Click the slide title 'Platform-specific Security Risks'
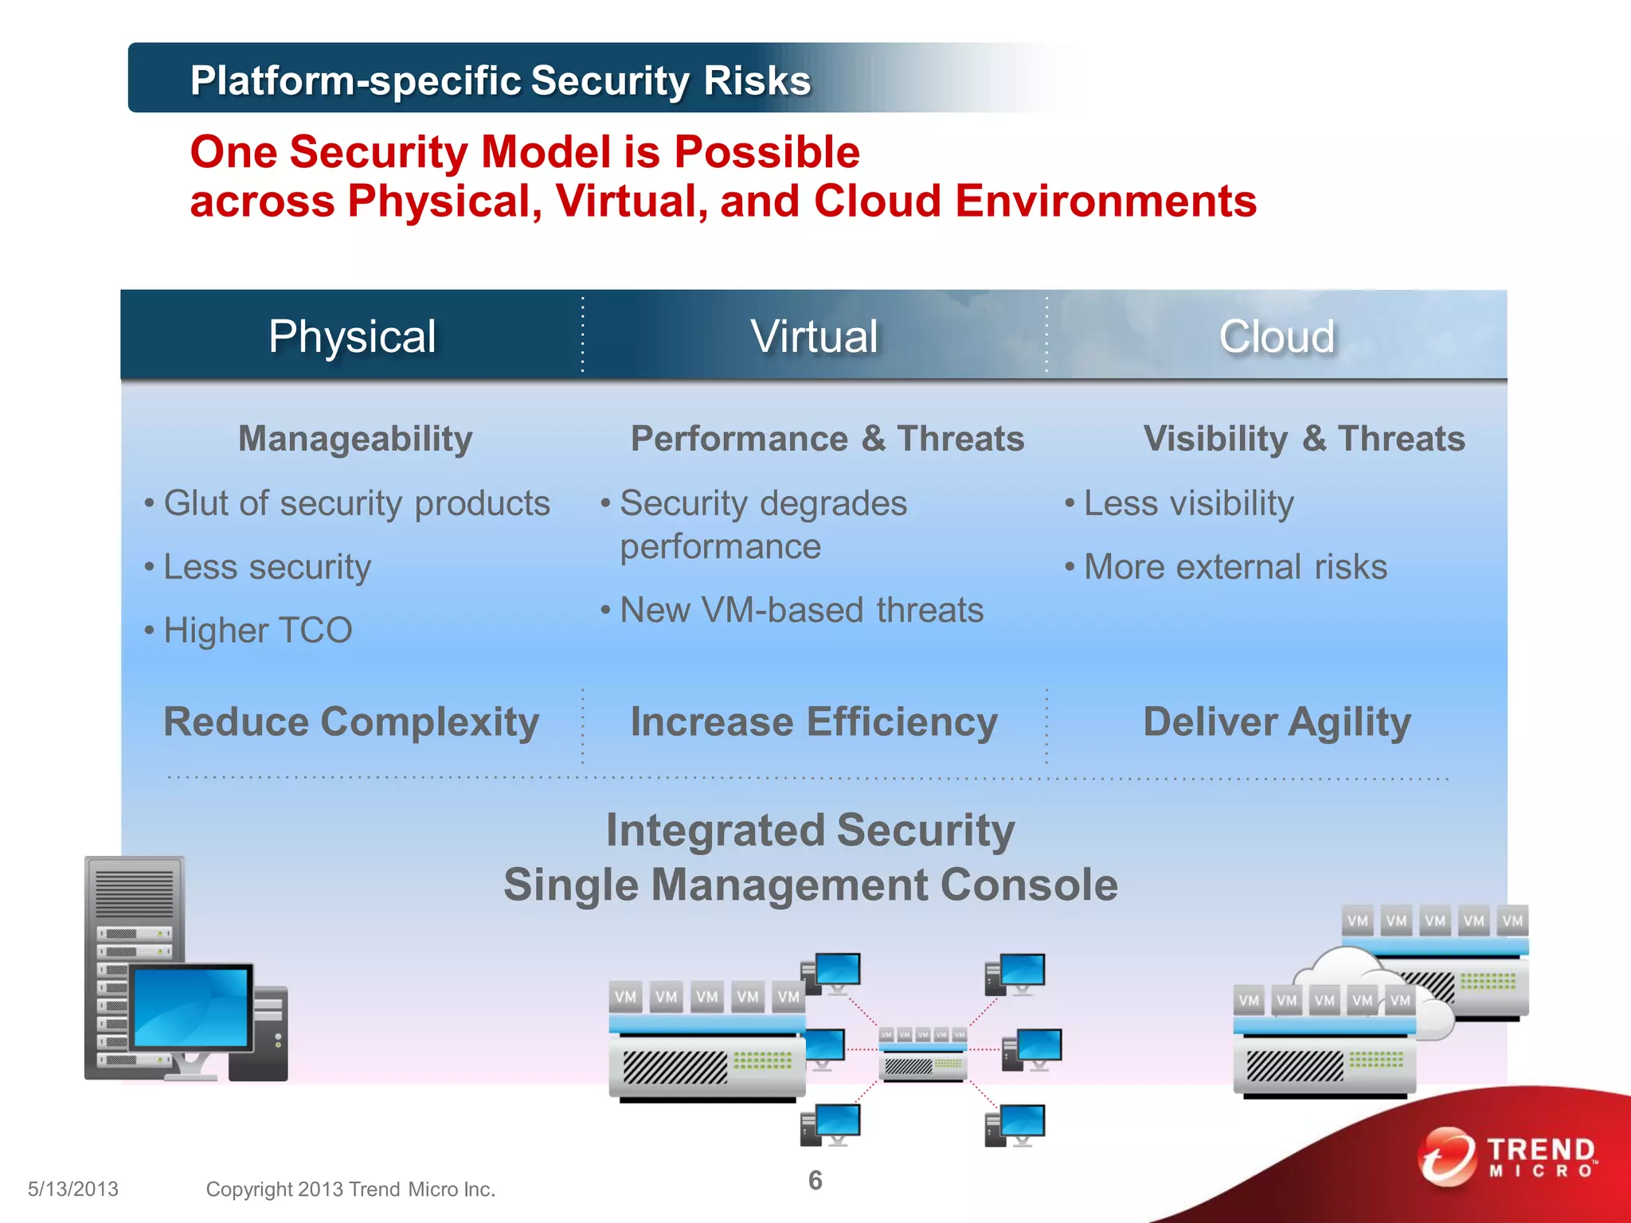click(500, 80)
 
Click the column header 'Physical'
click(352, 336)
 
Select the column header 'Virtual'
click(814, 336)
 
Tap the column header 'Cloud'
click(1277, 336)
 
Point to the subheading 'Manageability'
click(355, 439)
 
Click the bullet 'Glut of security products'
click(356, 503)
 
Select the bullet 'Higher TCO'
click(257, 631)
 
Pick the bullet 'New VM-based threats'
click(801, 611)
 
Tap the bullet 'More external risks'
click(1234, 567)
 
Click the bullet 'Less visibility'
click(1188, 503)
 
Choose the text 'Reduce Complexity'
click(351, 722)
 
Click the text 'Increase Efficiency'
click(814, 722)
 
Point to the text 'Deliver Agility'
click(1277, 722)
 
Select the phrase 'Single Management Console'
click(811, 885)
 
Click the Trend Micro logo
click(1508, 1156)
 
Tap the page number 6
click(815, 1180)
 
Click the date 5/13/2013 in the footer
click(72, 1189)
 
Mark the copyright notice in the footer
click(350, 1189)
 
